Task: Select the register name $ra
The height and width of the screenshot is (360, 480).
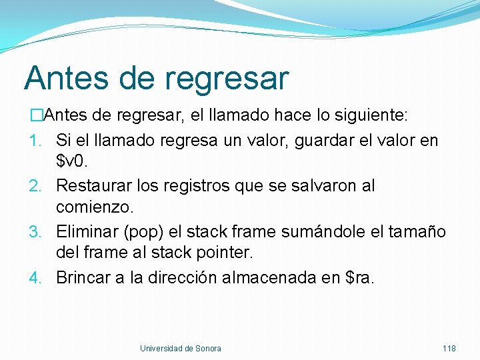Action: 360,278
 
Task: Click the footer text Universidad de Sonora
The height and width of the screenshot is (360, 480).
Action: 180,349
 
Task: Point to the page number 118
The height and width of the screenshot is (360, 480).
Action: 449,349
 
